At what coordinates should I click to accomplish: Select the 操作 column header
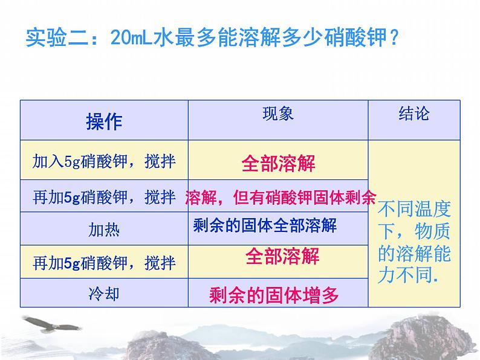[x=104, y=121]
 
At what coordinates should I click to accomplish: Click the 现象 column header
[x=278, y=114]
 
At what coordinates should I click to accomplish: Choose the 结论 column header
[x=414, y=114]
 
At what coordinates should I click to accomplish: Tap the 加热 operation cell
[x=104, y=230]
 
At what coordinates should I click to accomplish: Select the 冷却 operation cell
[x=104, y=294]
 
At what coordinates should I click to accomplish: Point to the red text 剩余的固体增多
[x=273, y=295]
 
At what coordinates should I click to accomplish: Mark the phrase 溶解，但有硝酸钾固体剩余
[x=281, y=198]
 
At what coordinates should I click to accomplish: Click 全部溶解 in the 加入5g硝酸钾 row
[x=278, y=163]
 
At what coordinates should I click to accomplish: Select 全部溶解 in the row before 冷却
[x=282, y=257]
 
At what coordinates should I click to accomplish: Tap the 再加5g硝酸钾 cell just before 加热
[x=104, y=197]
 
